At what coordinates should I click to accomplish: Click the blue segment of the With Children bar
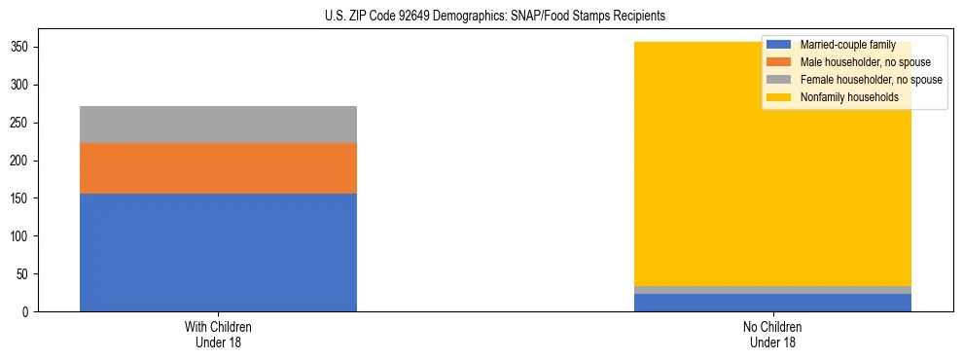[x=218, y=252]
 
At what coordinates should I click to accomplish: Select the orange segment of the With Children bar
[x=218, y=168]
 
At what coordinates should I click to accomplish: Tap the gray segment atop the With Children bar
[x=218, y=125]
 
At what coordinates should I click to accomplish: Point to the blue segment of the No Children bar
[x=773, y=303]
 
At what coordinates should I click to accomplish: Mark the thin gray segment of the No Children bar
[x=773, y=290]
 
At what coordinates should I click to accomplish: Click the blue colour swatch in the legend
[x=779, y=45]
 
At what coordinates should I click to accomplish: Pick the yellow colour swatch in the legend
[x=779, y=97]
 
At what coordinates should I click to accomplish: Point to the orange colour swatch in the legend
[x=779, y=62]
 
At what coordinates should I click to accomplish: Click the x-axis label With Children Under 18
[x=218, y=335]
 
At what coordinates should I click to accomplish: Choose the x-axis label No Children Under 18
[x=773, y=335]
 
